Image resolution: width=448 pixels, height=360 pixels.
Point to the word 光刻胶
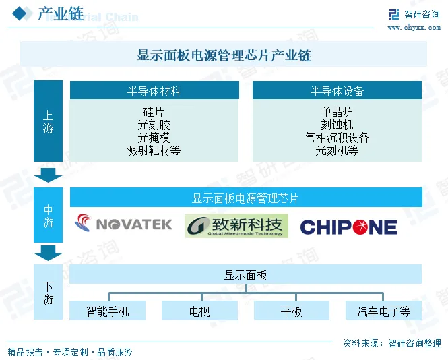tap(154, 125)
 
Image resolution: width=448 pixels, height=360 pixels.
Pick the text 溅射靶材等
tap(154, 150)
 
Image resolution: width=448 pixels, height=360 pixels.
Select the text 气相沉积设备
tap(337, 138)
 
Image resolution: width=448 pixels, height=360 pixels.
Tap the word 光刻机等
tap(337, 150)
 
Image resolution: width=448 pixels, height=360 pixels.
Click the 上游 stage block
tap(48, 121)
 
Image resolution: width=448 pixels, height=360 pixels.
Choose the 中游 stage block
tap(48, 215)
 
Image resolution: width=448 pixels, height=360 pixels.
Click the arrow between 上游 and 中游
tap(48, 175)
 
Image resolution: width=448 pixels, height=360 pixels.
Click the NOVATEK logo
tap(124, 224)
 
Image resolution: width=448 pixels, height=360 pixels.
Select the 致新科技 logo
tap(236, 225)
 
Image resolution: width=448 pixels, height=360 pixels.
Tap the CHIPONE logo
tap(348, 227)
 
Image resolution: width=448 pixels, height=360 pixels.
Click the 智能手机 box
tap(107, 311)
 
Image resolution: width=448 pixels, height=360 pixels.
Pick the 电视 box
tap(199, 311)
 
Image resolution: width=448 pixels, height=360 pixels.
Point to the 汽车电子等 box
tap(383, 311)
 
